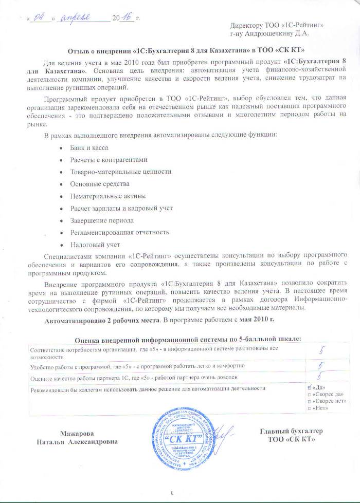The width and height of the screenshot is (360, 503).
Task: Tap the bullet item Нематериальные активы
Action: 101,196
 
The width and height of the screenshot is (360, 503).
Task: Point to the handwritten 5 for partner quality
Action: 320,377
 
